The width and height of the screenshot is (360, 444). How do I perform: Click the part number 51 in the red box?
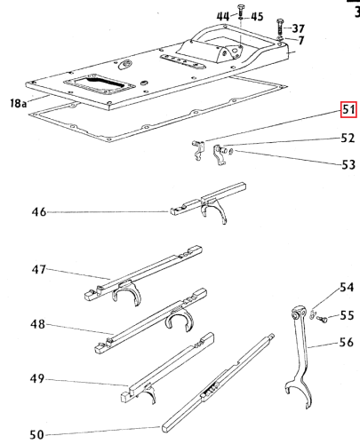[x=348, y=112]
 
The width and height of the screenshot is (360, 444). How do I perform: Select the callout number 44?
[x=221, y=16]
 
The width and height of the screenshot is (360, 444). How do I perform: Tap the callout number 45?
[x=257, y=16]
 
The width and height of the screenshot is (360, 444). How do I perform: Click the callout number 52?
[x=348, y=138]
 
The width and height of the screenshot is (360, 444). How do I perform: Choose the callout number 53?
[x=348, y=164]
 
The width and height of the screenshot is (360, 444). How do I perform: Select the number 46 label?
[x=38, y=212]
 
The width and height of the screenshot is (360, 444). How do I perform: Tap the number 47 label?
[x=38, y=269]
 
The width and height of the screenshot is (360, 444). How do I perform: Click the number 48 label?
[x=38, y=325]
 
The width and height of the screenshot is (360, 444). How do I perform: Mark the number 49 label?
[x=38, y=379]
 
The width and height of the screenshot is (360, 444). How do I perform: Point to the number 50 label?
[x=38, y=433]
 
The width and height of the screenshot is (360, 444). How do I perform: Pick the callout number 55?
[x=347, y=314]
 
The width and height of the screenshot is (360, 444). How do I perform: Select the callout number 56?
[x=347, y=341]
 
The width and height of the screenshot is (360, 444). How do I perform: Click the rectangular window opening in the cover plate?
[x=98, y=84]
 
